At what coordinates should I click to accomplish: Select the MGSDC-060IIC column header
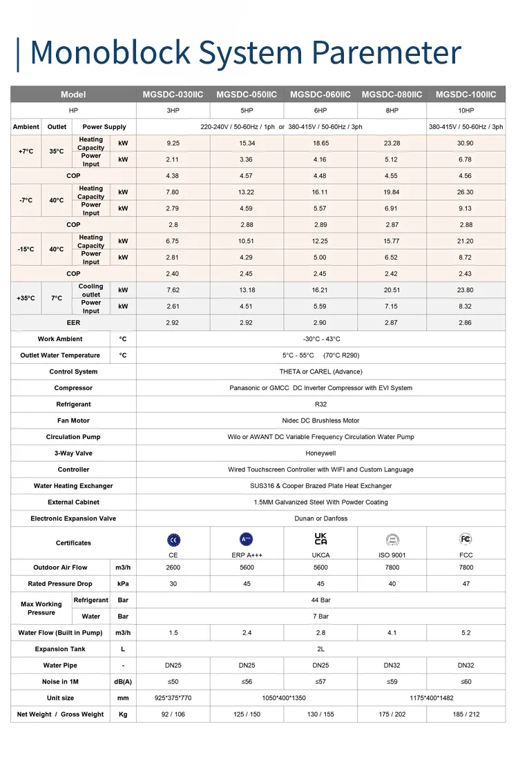click(320, 95)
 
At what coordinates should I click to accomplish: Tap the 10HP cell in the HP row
click(466, 110)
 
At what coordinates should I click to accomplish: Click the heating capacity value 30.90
click(466, 143)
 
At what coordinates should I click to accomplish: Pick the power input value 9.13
click(466, 208)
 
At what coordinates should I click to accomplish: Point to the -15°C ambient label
click(26, 249)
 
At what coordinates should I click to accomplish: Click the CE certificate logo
click(173, 540)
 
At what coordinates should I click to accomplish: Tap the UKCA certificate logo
click(320, 539)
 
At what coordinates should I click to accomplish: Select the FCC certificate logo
click(466, 539)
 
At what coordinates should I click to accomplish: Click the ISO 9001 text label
click(392, 555)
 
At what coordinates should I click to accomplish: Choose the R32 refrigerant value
click(320, 405)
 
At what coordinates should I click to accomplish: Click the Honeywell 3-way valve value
click(320, 454)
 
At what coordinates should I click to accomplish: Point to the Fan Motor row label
click(73, 420)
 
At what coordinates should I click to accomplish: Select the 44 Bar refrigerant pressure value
click(320, 600)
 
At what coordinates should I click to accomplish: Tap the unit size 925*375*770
click(173, 698)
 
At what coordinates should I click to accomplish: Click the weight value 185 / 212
click(466, 715)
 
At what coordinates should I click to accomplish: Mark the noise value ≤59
click(392, 682)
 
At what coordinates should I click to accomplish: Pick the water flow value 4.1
click(392, 633)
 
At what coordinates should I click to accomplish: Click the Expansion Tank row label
click(61, 649)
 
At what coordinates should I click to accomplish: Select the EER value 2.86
click(466, 322)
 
